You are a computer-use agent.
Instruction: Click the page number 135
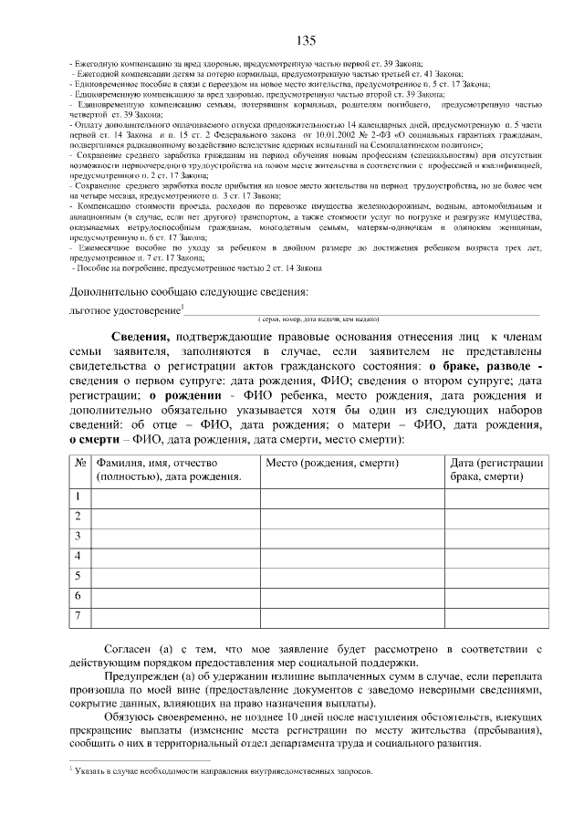click(306, 40)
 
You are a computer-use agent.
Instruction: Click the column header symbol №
click(80, 463)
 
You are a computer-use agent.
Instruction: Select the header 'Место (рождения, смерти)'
click(332, 463)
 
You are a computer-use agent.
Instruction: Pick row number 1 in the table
click(79, 496)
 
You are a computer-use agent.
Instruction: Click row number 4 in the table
click(79, 556)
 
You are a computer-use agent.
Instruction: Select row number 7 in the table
click(79, 617)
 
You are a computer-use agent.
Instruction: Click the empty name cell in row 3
click(175, 536)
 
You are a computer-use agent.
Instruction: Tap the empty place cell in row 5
click(352, 576)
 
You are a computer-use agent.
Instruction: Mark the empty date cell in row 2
click(496, 516)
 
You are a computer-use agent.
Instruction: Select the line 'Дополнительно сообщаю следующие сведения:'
click(188, 292)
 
